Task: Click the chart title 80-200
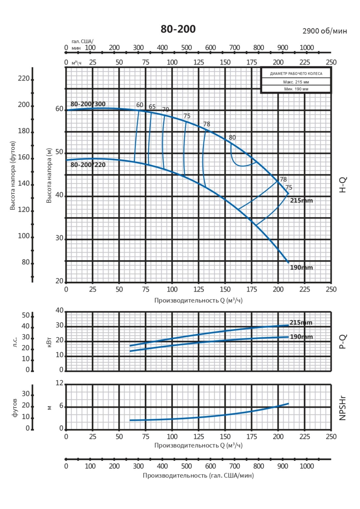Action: (178, 29)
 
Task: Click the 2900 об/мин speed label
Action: (325, 31)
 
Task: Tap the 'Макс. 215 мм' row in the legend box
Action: (296, 82)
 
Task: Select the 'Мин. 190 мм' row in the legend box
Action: (296, 89)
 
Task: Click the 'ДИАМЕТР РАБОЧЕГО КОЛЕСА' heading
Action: (296, 73)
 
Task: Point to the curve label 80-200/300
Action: (88, 104)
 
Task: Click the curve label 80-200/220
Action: (88, 165)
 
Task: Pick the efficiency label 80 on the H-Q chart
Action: (232, 137)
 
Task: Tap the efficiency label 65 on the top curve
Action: (152, 107)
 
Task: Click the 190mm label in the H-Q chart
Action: (301, 267)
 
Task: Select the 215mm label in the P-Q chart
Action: (301, 322)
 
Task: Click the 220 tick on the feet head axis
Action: (23, 78)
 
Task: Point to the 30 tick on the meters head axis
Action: (59, 238)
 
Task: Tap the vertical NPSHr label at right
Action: (343, 408)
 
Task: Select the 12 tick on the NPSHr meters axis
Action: (59, 383)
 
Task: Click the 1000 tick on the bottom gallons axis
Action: (306, 466)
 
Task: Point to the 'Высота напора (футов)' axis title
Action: (13, 175)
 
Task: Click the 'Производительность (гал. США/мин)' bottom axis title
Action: (198, 476)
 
